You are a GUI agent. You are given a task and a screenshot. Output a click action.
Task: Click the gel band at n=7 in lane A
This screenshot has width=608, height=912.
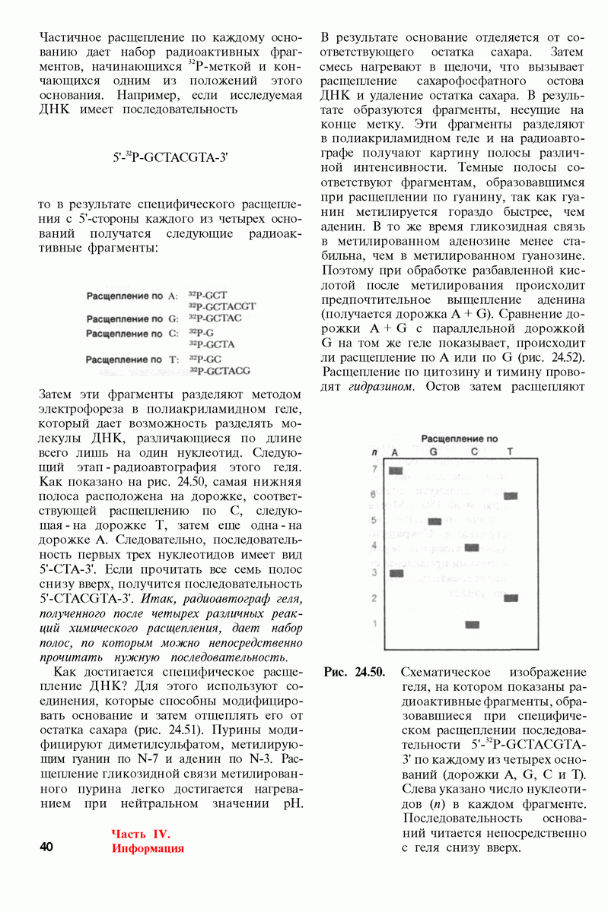point(395,470)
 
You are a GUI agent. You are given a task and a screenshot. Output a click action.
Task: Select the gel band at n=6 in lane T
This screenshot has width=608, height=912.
point(510,496)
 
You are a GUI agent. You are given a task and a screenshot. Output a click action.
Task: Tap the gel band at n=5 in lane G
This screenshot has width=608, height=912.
point(435,521)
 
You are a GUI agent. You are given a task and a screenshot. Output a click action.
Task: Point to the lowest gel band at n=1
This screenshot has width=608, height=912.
point(473,625)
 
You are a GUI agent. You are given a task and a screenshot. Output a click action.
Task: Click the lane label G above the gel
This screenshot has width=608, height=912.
point(433,453)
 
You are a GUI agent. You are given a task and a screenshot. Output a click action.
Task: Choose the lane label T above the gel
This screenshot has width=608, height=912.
point(510,453)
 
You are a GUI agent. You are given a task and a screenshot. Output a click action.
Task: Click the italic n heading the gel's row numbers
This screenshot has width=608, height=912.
point(374,453)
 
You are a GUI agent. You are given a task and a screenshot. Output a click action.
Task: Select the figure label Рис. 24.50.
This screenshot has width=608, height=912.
point(355,673)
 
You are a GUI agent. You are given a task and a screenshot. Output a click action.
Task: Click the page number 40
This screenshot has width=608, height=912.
point(46,847)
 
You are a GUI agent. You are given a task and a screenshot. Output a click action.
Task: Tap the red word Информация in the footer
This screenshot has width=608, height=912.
point(148,848)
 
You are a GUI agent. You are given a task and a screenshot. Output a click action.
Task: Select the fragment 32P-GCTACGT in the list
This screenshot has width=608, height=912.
point(222,306)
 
